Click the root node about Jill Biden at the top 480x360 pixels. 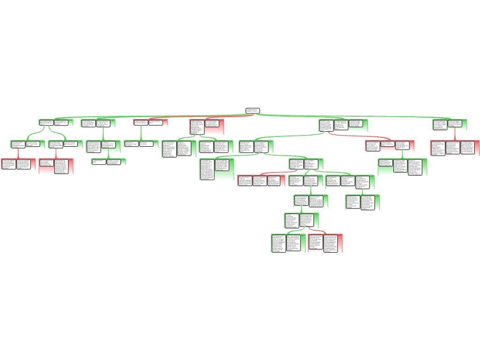click(253, 111)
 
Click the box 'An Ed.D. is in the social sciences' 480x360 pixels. click(115, 162)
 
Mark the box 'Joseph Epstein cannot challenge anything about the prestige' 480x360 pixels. click(404, 146)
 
